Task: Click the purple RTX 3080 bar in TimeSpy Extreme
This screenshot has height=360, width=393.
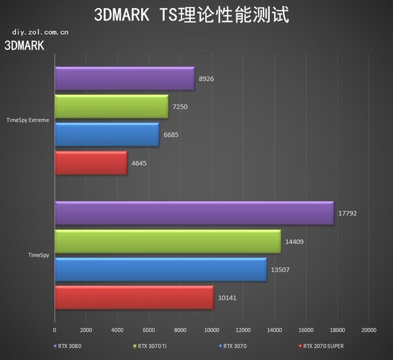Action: (125, 79)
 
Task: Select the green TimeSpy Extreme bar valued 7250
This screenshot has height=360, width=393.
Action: (111, 107)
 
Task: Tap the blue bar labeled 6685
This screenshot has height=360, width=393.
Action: (107, 135)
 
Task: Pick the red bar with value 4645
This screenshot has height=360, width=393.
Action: (91, 163)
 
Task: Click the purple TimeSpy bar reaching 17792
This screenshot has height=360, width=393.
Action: (194, 213)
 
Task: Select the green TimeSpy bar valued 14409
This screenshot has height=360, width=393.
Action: (168, 242)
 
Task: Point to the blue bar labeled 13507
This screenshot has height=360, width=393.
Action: (161, 270)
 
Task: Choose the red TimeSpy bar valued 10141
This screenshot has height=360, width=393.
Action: (134, 298)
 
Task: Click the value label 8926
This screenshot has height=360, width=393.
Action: (207, 79)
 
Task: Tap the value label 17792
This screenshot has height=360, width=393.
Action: (347, 214)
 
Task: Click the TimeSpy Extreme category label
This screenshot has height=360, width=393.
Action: (28, 120)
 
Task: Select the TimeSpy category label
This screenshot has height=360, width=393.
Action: (39, 255)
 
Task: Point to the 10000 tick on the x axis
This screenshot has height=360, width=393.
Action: (211, 329)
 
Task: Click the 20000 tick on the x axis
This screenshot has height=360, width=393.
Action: (368, 329)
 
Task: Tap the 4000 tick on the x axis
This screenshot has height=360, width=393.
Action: (117, 329)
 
